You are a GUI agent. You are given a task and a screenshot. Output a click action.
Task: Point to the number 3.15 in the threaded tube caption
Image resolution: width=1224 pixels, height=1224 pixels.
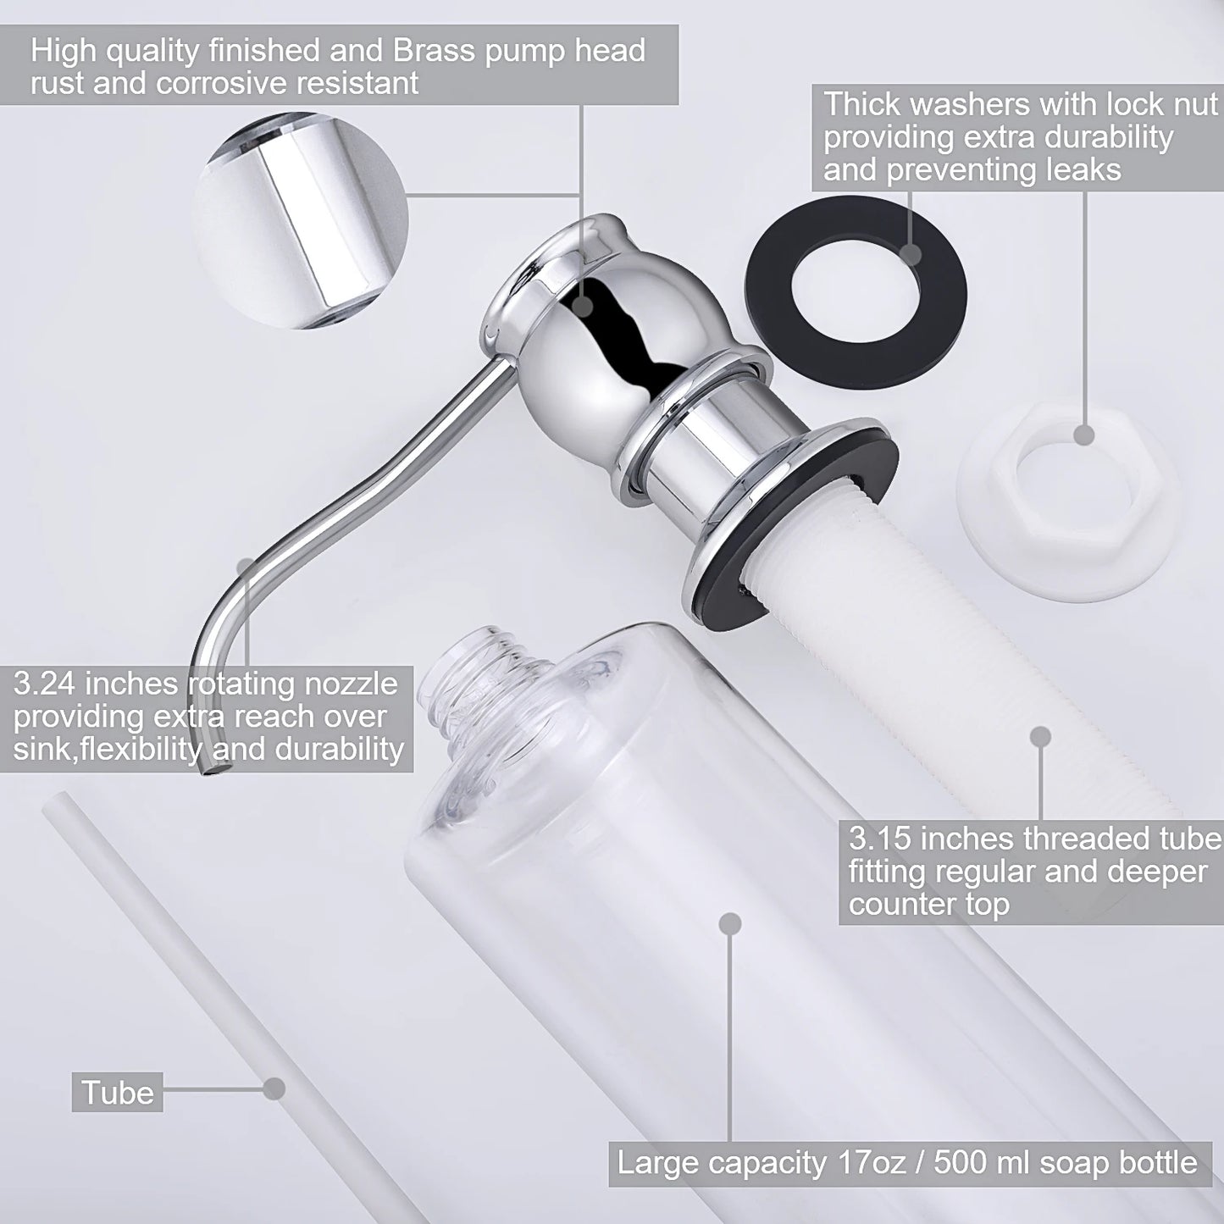click(881, 839)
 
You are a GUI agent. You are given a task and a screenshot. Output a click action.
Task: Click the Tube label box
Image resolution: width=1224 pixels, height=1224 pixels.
click(118, 1092)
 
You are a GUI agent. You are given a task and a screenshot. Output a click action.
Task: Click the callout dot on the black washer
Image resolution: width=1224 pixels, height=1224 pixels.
click(911, 253)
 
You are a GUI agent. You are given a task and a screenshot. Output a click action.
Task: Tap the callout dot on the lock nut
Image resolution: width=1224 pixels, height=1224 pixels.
click(1084, 435)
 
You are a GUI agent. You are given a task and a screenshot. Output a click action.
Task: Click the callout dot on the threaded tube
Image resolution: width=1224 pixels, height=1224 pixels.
click(1040, 736)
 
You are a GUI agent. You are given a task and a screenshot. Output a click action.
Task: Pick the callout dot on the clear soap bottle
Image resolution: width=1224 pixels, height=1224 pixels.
click(729, 923)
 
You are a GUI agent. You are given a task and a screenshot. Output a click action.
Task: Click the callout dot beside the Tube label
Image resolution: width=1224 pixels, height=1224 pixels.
click(273, 1088)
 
